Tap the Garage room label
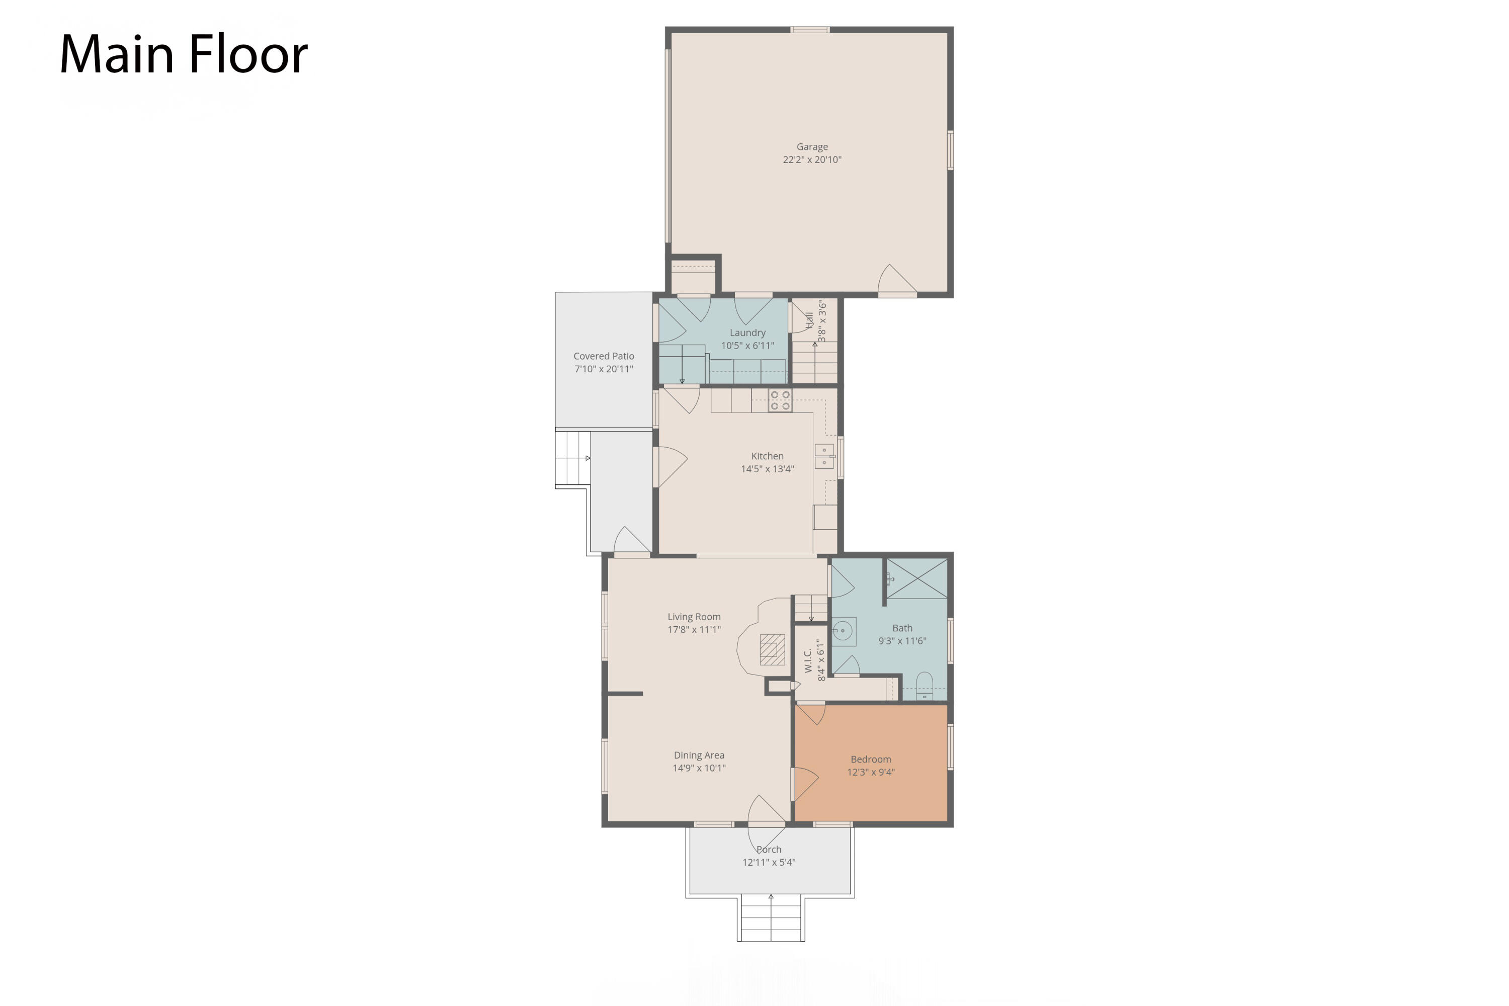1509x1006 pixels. pyautogui.click(x=812, y=147)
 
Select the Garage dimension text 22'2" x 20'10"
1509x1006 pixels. pyautogui.click(x=812, y=160)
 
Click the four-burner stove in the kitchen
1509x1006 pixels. pyautogui.click(x=780, y=400)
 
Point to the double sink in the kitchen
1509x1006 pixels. pyautogui.click(x=824, y=456)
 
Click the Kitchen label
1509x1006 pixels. pyautogui.click(x=768, y=456)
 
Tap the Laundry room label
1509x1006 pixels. pyautogui.click(x=747, y=333)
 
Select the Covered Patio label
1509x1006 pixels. pyautogui.click(x=604, y=356)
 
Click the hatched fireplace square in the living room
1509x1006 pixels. pyautogui.click(x=773, y=649)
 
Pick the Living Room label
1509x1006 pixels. pyautogui.click(x=694, y=617)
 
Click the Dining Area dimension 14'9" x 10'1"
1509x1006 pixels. pyautogui.click(x=699, y=768)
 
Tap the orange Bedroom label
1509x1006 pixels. pyautogui.click(x=871, y=760)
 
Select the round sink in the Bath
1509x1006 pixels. pyautogui.click(x=843, y=631)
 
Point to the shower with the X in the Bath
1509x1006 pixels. pyautogui.click(x=917, y=579)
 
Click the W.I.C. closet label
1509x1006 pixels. pyautogui.click(x=808, y=660)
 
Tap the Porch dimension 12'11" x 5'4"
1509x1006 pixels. pyautogui.click(x=769, y=862)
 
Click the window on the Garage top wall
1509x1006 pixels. pyautogui.click(x=810, y=30)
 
